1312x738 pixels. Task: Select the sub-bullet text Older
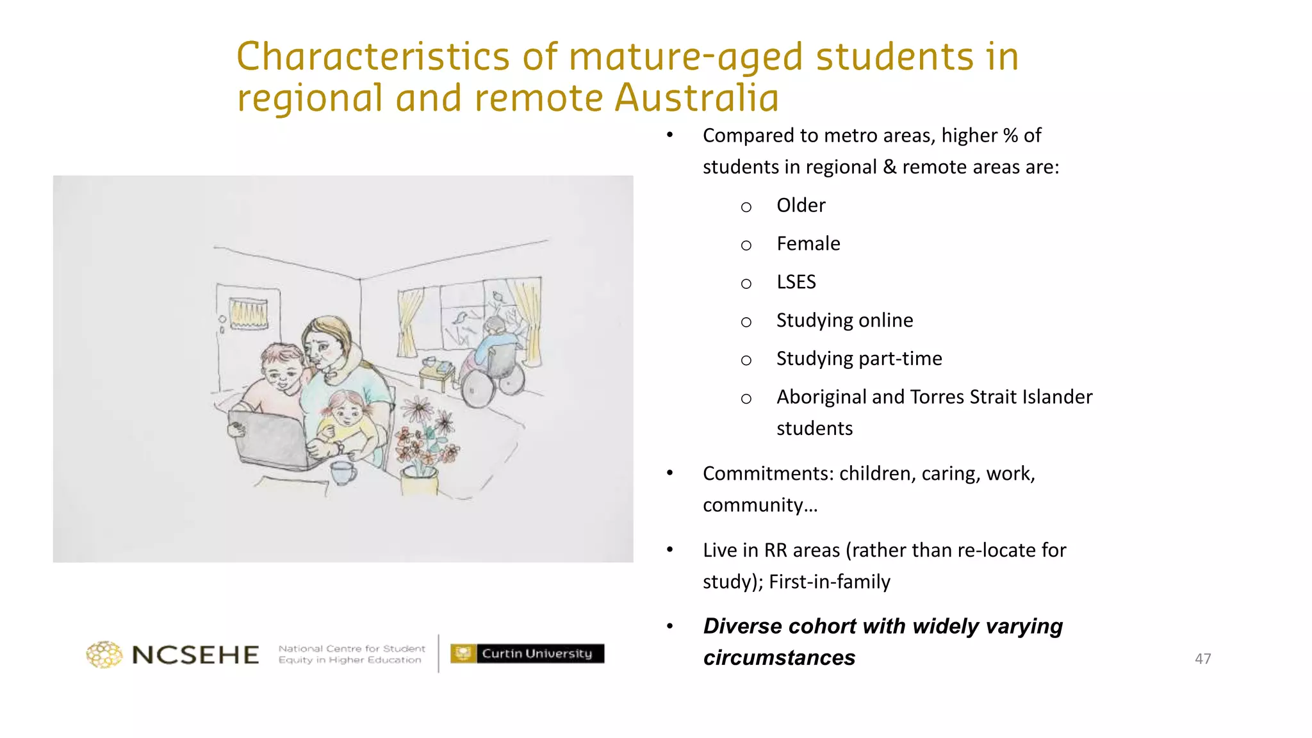(801, 206)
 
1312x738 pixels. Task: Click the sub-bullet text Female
(808, 244)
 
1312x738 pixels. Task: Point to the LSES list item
(796, 282)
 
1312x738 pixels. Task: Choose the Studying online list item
(844, 320)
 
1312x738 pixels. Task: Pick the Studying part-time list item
(858, 359)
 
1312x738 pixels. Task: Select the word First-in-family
(830, 582)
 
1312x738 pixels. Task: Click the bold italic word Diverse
(742, 626)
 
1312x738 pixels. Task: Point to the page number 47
(1202, 659)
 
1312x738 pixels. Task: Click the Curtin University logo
(527, 653)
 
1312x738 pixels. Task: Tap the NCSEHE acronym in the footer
(195, 655)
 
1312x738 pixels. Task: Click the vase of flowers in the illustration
(423, 448)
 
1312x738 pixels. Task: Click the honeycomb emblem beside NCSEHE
(104, 655)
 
